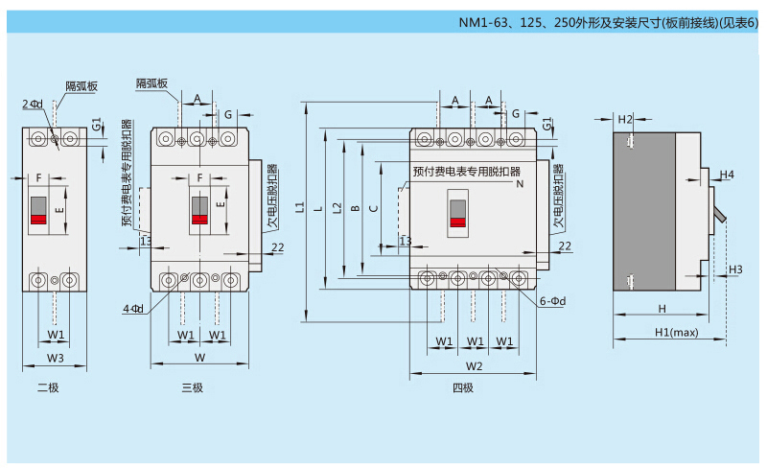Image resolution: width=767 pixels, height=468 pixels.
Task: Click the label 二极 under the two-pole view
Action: pos(48,387)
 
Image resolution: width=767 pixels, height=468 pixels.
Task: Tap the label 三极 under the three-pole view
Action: pos(192,387)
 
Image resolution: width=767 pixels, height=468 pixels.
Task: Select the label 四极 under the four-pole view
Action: pos(463,387)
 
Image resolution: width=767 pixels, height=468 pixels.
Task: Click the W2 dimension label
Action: pos(474,366)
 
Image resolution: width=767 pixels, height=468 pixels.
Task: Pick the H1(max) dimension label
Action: pos(676,332)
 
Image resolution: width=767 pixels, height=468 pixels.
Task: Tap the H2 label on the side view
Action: pos(625,120)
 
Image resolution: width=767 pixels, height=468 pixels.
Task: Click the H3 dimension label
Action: pos(735,269)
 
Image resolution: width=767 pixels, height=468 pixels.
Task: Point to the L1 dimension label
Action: pos(300,207)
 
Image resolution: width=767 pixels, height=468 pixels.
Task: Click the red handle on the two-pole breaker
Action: pos(39,220)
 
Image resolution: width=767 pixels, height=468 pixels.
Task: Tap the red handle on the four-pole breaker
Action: pos(458,222)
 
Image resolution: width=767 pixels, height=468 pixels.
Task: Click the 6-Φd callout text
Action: pos(553,300)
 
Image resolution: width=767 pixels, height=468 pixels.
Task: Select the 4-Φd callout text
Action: pos(133,308)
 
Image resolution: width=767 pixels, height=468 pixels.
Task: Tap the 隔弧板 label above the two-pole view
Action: pos(81,85)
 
